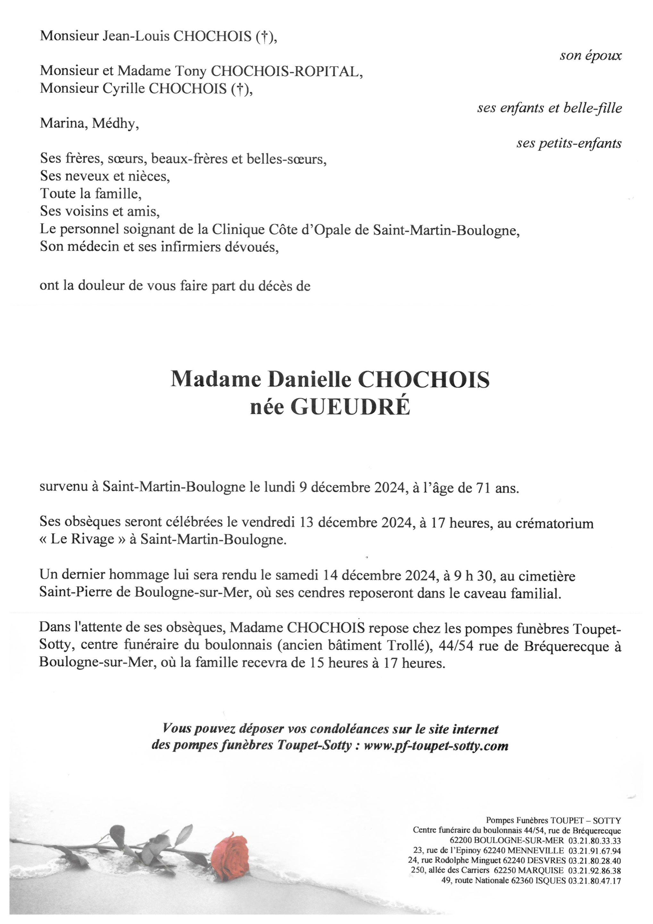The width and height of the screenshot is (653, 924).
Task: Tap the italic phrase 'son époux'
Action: coord(591,56)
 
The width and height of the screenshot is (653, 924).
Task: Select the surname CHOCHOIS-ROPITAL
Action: coord(286,71)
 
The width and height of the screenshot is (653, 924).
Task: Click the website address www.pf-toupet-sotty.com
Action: coord(436,746)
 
